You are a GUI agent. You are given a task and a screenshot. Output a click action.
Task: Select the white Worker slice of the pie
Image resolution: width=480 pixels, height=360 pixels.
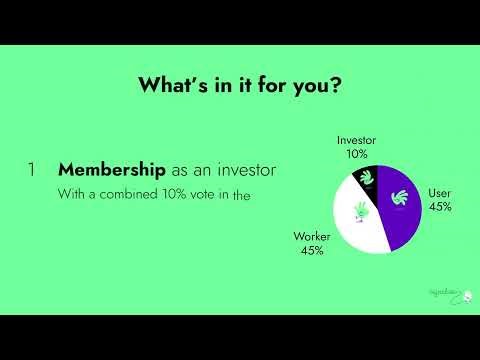point(350,220)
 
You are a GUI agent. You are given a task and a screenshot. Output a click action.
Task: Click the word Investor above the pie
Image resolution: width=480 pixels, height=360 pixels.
point(357,141)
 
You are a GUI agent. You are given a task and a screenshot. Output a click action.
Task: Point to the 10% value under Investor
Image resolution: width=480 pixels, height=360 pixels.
point(357,154)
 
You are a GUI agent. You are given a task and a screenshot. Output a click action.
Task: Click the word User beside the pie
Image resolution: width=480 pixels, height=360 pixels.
point(439,193)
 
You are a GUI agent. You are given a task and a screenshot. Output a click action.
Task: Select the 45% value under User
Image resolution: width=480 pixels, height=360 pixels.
point(439,206)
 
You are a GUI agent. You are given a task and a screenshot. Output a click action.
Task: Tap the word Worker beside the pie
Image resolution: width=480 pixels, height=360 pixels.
point(311,237)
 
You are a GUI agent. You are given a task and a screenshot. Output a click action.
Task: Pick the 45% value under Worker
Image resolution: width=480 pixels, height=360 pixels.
point(311,250)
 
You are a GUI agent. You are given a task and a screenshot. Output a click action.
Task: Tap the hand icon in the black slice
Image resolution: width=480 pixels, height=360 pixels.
point(367,180)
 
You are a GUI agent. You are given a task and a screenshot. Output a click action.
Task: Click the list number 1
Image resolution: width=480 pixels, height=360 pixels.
point(32,170)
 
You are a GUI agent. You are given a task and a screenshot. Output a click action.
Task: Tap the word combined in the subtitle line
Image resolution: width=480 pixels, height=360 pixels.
point(122,195)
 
